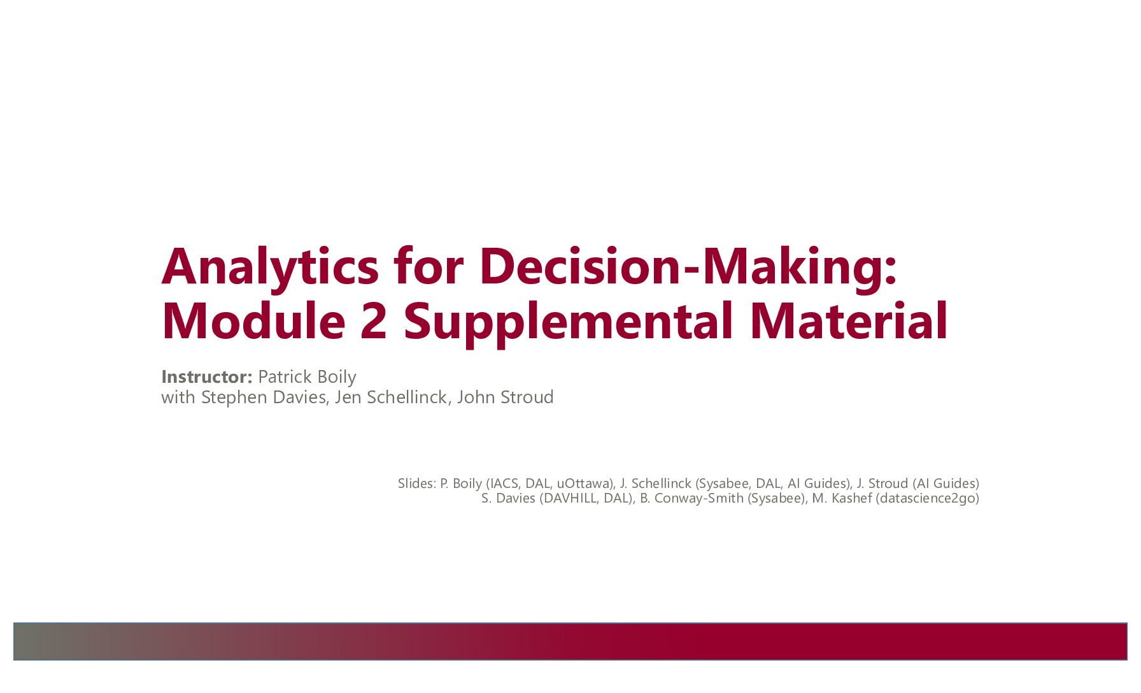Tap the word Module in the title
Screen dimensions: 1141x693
click(x=253, y=320)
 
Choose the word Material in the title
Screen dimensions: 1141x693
click(x=849, y=320)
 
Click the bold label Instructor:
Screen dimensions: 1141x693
click(x=207, y=377)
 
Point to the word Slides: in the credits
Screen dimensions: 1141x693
click(x=416, y=483)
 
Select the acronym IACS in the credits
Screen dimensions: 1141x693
click(x=504, y=484)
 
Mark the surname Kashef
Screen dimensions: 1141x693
click(x=851, y=498)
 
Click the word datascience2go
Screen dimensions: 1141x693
click(x=927, y=499)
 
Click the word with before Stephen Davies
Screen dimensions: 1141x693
click(x=178, y=397)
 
